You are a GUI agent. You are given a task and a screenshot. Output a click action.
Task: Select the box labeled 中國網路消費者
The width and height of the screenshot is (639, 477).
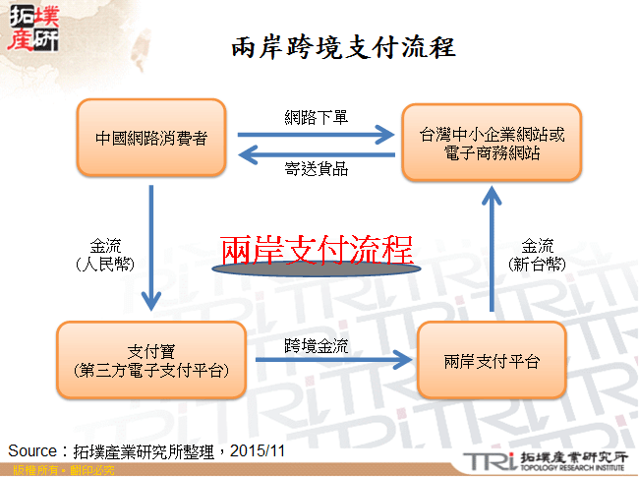[151, 139]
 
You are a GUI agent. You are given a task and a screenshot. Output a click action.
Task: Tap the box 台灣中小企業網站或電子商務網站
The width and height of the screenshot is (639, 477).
[492, 143]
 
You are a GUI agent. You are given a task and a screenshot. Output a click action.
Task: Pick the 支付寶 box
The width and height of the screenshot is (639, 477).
[151, 360]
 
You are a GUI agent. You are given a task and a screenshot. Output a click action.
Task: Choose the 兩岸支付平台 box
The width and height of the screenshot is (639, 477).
[492, 361]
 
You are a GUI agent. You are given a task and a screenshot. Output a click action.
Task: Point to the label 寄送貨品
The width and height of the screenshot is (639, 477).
[317, 168]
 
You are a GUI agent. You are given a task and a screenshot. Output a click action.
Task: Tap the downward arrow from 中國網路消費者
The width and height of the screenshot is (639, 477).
[151, 246]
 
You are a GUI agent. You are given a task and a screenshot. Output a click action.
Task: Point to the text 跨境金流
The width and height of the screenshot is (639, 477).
[317, 345]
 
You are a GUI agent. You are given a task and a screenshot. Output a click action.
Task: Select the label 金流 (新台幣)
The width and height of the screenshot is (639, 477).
[538, 255]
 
